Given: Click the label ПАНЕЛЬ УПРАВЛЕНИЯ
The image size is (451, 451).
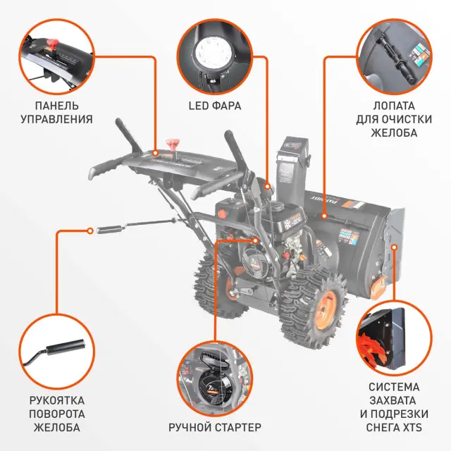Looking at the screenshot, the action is point(56,113).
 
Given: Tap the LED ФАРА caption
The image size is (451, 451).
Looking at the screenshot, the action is point(215,106).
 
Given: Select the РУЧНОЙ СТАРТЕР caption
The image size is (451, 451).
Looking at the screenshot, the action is point(215,427).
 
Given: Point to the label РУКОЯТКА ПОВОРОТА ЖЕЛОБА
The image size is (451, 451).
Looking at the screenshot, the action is point(57,414).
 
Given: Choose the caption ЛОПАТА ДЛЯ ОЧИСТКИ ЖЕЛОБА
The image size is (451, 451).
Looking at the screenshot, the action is point(394,119).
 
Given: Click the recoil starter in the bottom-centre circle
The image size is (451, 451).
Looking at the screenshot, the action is point(216,385).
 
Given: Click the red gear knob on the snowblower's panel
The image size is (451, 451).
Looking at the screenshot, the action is point(173,144).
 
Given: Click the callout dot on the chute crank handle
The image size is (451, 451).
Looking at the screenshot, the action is point(90,230).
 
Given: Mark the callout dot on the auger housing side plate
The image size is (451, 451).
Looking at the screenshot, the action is point(395,247).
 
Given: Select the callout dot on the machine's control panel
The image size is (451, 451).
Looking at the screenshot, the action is point(155,153).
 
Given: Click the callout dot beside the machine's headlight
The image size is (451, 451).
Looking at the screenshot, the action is point(268,187).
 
